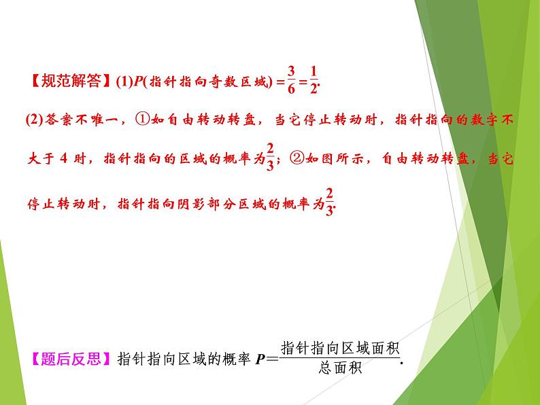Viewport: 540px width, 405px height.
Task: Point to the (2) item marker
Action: tap(34, 121)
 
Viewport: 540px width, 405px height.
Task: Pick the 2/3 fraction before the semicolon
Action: tap(270, 158)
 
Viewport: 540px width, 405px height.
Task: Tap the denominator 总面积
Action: tap(339, 369)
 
